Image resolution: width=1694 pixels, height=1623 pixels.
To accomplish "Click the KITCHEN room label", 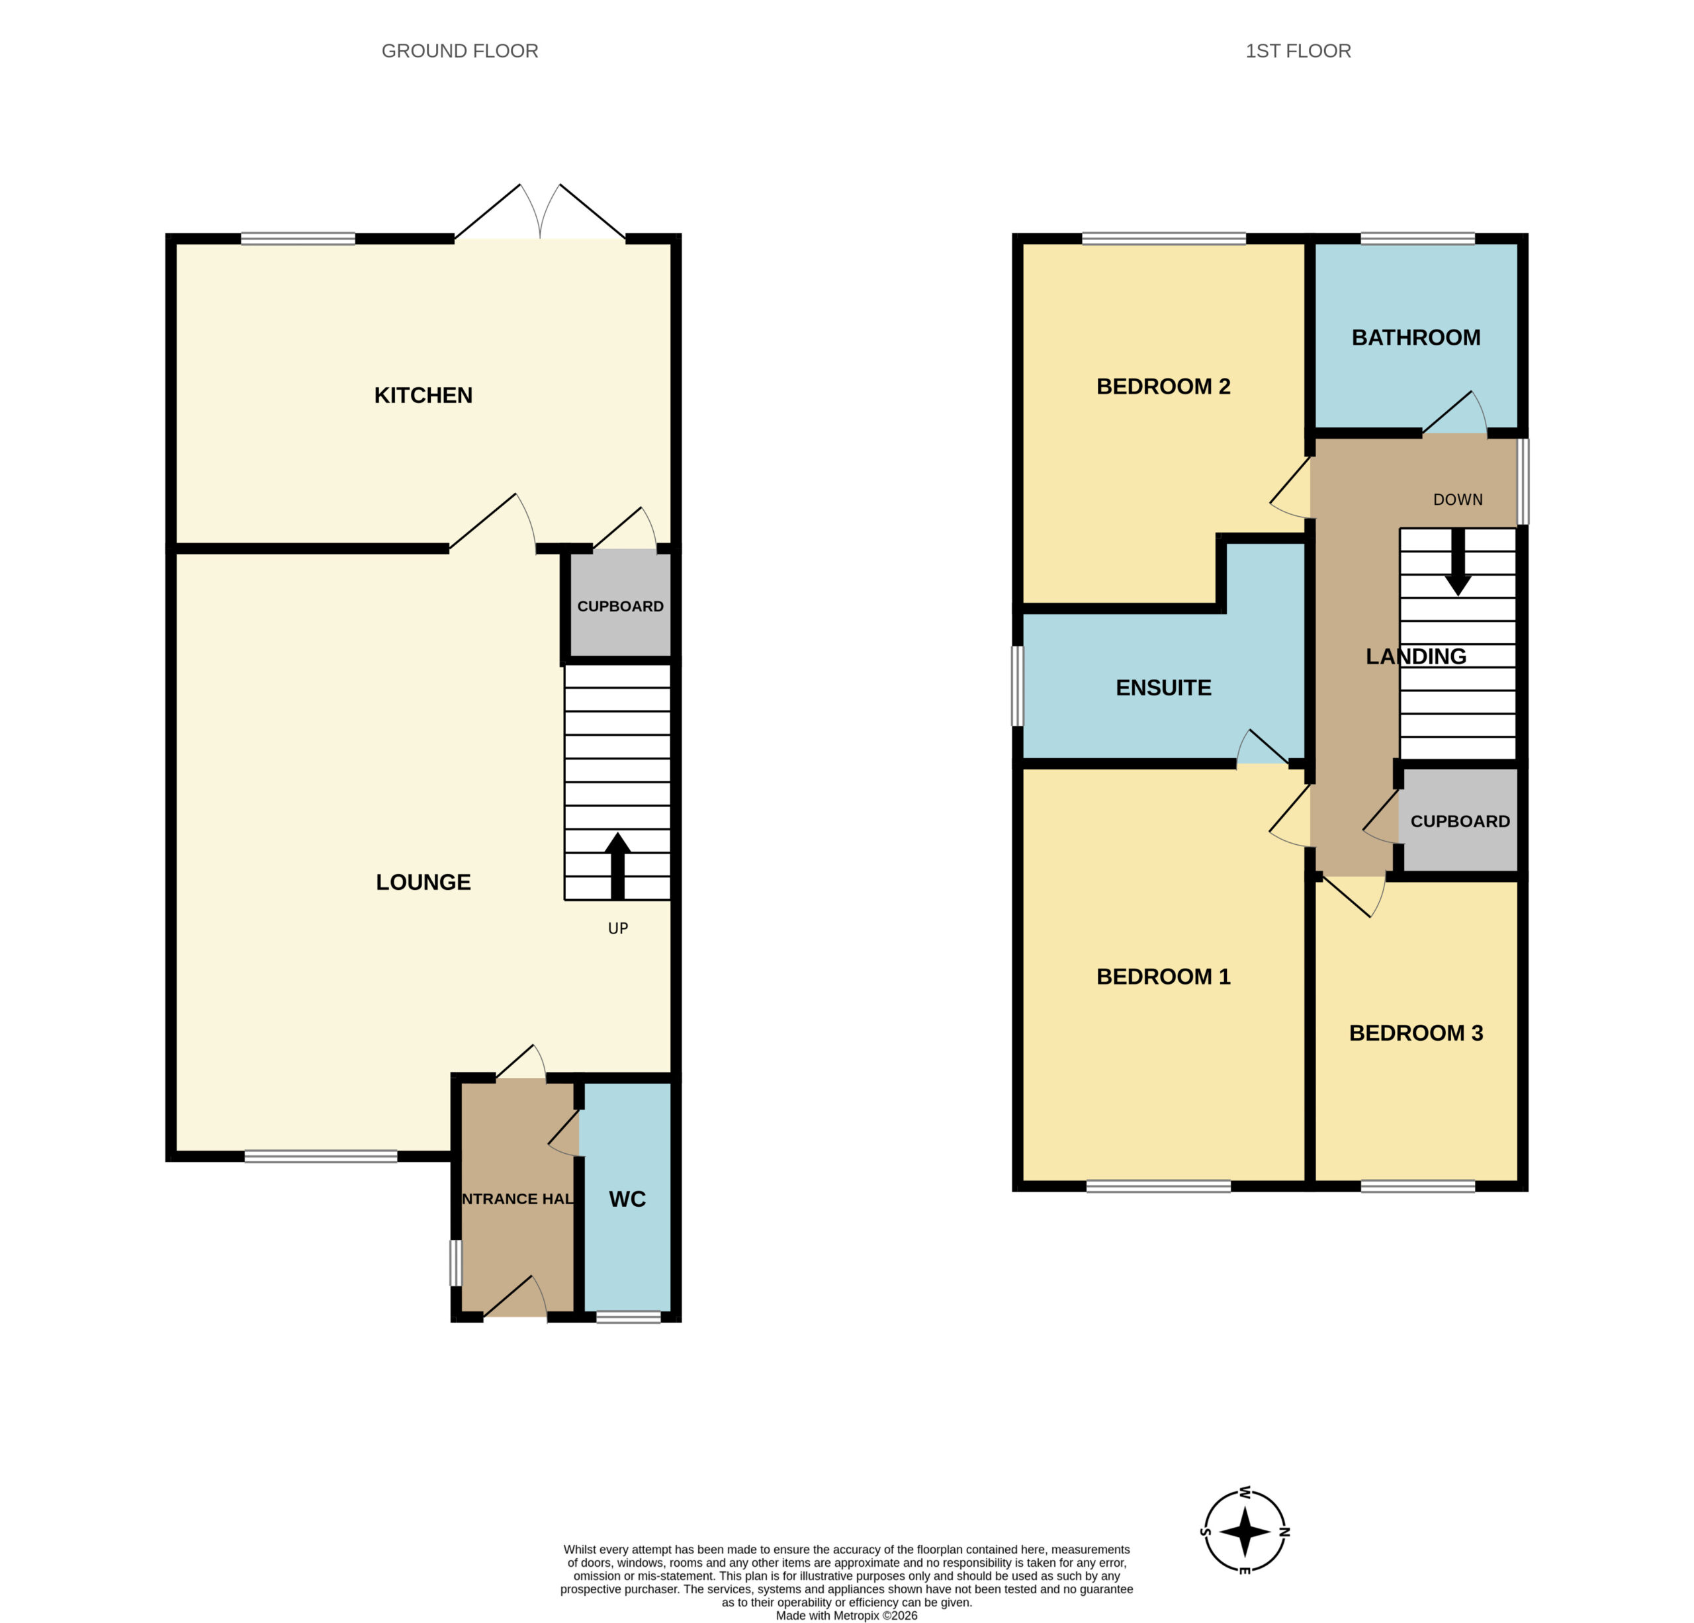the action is [423, 395].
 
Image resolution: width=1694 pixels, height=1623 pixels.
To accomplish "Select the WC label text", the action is [627, 1199].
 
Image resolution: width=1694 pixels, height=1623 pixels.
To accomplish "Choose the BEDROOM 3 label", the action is [1415, 1033].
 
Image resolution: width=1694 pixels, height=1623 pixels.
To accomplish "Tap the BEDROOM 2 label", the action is [1163, 386].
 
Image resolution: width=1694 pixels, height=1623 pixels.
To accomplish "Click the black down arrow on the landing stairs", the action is [1458, 562].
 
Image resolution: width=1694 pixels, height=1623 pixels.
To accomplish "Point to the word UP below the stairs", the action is [618, 928].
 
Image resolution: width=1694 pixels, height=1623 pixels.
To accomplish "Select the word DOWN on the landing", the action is [1458, 500].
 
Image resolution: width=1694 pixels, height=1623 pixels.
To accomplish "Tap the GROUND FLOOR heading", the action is [460, 51].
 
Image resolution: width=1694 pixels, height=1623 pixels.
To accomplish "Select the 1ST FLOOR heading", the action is [1298, 51].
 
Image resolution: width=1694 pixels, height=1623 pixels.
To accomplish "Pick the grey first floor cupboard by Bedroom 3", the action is [1460, 820].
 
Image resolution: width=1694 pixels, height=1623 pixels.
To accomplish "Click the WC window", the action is [629, 1317].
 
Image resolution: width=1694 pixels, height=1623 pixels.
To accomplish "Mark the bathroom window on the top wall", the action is [1417, 239].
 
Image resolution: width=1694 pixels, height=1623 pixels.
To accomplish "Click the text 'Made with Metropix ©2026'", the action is [846, 1615].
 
